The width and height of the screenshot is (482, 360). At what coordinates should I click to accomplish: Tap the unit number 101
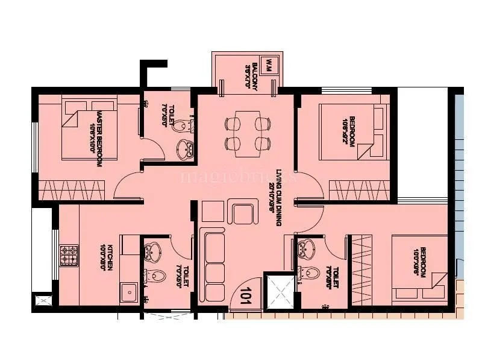coord(246,297)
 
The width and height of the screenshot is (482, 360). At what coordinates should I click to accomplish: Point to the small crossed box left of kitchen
coord(43,302)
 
